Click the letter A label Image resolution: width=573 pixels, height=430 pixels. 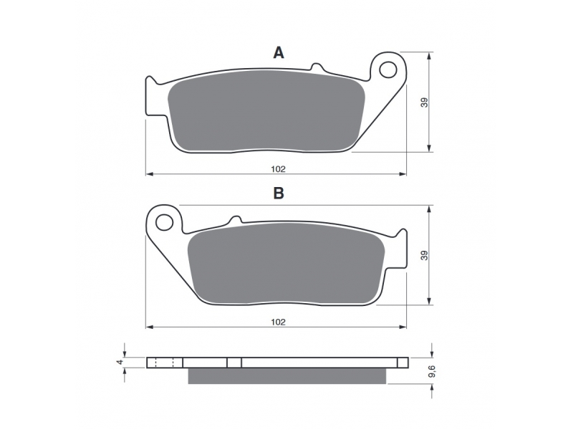coord(279,53)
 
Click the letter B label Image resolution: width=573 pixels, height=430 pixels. coord(279,193)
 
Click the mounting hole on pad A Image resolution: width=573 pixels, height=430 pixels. coord(387,70)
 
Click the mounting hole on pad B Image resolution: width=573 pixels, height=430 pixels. coord(164,222)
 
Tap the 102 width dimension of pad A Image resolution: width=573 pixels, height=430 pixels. coord(278,169)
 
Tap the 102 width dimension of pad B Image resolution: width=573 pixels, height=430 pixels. coord(278,322)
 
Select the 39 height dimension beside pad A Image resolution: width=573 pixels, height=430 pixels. coord(424,102)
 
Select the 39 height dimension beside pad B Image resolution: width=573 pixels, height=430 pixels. coord(424,255)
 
